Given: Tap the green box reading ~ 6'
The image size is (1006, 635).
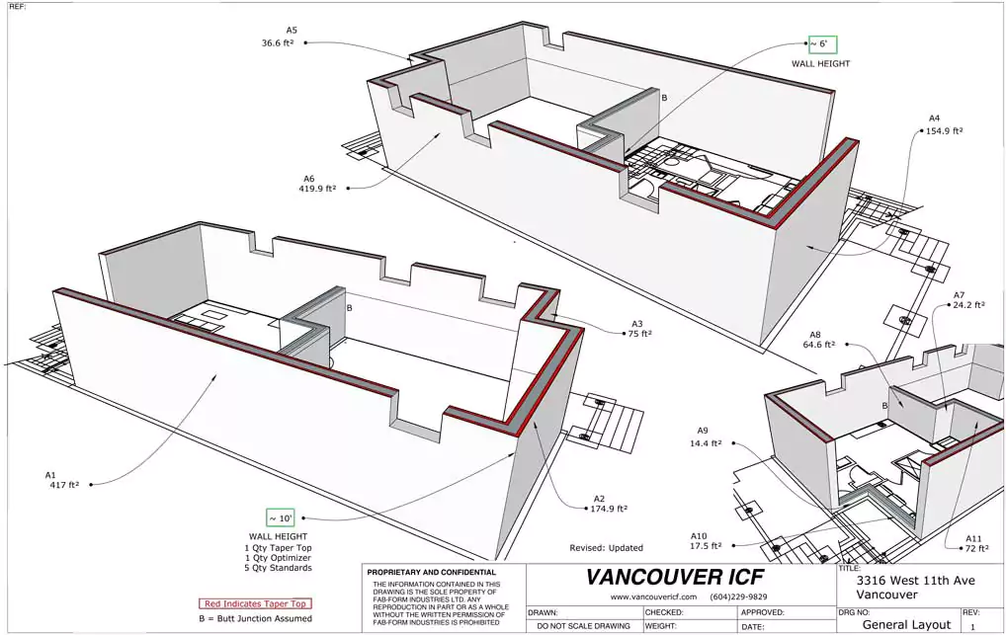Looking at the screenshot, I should click(x=821, y=44).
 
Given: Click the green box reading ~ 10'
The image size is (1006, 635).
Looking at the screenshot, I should click(x=280, y=517).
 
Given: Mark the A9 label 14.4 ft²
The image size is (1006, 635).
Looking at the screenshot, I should click(x=706, y=441).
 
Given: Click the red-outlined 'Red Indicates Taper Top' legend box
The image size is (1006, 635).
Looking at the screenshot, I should click(x=255, y=603).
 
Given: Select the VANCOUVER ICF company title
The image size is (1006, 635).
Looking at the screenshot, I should click(x=675, y=577).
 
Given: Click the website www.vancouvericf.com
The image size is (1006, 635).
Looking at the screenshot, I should click(x=653, y=597).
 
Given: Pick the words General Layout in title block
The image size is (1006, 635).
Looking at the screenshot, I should click(x=906, y=624).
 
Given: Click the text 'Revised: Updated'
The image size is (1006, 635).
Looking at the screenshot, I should click(x=606, y=547).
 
